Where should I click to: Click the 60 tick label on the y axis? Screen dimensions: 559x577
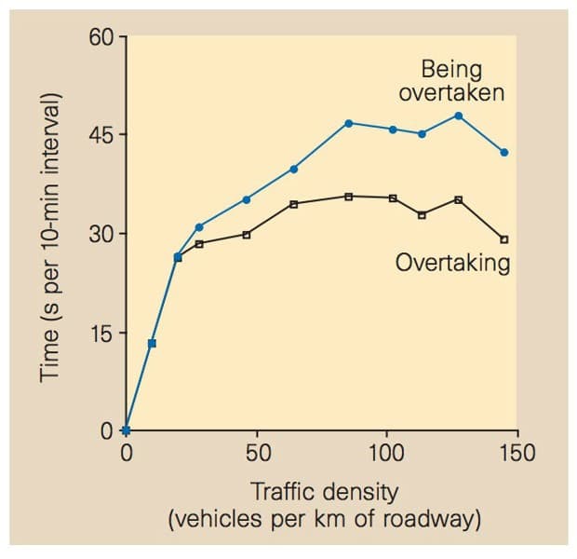coord(101,37)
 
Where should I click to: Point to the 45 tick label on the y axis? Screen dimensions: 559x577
coord(101,135)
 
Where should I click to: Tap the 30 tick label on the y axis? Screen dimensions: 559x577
coord(101,234)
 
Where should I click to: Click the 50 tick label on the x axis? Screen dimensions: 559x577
coord(258,454)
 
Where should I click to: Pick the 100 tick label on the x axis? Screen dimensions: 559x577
coord(385,454)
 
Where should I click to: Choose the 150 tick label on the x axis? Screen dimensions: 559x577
coord(516,454)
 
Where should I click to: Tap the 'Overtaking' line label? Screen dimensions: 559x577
coord(453,263)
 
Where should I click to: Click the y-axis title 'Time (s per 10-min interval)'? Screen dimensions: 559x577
coord(51,238)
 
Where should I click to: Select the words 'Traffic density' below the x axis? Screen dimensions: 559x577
coord(324,490)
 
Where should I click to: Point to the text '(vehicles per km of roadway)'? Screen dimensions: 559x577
coord(324,518)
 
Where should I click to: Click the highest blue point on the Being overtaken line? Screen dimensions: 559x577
coord(458,116)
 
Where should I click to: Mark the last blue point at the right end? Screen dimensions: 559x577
coord(504,152)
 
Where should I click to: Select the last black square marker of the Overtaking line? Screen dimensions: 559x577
coord(504,239)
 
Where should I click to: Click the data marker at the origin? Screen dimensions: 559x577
coord(127,430)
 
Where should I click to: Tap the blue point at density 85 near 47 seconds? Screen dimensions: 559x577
coord(349,123)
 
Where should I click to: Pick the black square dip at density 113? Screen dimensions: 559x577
coord(422,215)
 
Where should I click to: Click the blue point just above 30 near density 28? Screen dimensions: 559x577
coord(199,226)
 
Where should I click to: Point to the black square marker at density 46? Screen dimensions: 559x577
coord(247,235)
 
